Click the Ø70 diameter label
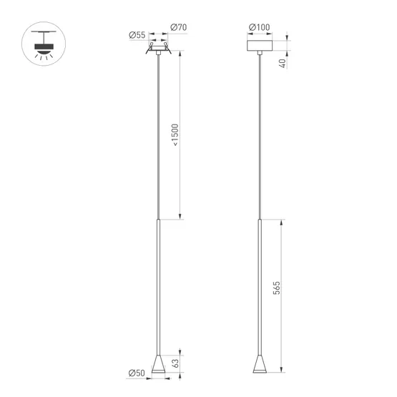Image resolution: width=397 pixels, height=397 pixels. coord(178,28)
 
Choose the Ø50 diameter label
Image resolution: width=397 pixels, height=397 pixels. coord(136,372)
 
